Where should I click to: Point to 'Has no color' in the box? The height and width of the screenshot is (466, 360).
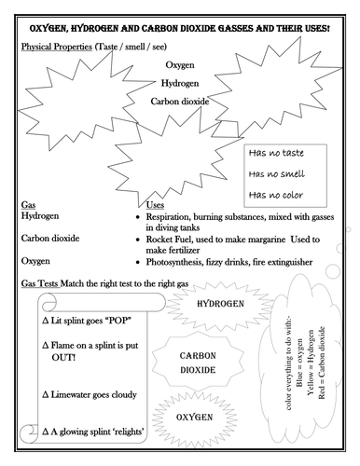pyautogui.click(x=277, y=194)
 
